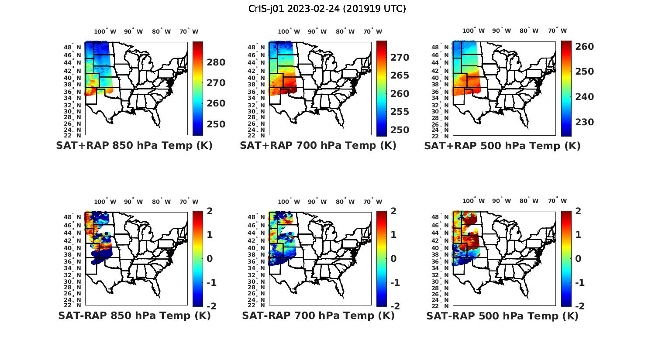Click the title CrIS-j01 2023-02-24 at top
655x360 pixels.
(327, 8)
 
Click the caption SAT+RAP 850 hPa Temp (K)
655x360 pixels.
(134, 146)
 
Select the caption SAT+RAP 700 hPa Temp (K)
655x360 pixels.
(318, 146)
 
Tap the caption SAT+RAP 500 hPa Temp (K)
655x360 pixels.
(502, 146)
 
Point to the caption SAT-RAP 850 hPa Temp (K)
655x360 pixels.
(134, 315)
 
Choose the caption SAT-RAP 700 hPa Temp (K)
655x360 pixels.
(318, 315)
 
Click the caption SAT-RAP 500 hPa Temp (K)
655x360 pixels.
(502, 315)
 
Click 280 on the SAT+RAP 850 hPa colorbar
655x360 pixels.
(216, 62)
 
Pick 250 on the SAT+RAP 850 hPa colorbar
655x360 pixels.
(216, 124)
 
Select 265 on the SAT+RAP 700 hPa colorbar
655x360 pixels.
(400, 75)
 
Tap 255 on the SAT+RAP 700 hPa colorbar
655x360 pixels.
(400, 112)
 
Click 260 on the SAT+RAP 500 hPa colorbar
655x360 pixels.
(584, 47)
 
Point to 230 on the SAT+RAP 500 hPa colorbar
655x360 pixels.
(584, 122)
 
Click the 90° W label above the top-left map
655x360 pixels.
(134, 31)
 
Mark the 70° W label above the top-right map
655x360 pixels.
(558, 31)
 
